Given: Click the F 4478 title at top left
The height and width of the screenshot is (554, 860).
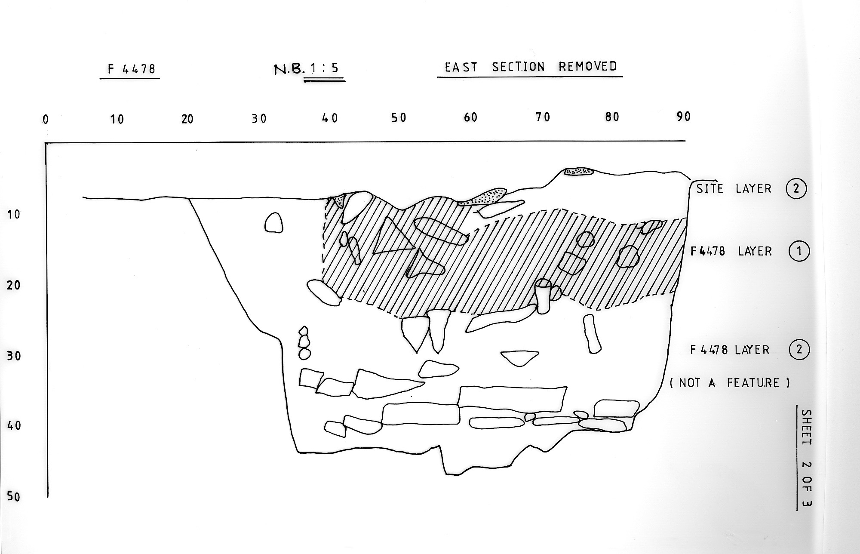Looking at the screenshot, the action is [x=131, y=69].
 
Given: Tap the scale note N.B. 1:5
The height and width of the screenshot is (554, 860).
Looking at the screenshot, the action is [x=307, y=69].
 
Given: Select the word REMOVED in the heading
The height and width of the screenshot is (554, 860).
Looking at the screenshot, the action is [x=588, y=66].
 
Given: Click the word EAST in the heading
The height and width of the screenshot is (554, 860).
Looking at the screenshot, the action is [x=461, y=68].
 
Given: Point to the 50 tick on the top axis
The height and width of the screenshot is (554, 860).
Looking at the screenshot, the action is [x=399, y=117].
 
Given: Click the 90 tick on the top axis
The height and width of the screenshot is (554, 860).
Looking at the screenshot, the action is [x=683, y=116].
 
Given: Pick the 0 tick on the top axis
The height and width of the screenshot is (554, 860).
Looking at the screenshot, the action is [x=45, y=120].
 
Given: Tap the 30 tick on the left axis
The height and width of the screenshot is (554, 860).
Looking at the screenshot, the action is [x=14, y=356].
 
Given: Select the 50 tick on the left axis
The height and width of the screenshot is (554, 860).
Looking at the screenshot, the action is [x=14, y=497].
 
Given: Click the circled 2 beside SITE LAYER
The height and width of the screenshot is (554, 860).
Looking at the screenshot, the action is [x=795, y=188].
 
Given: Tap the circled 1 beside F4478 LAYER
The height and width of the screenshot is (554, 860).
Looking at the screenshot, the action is [x=799, y=251].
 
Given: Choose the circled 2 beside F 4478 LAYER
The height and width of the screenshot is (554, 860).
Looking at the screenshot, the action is [x=799, y=349].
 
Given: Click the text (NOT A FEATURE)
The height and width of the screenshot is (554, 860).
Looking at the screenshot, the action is [x=730, y=383].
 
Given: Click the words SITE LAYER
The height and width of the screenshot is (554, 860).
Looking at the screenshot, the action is [x=734, y=188].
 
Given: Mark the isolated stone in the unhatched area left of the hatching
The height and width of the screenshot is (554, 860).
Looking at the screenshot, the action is [x=273, y=223].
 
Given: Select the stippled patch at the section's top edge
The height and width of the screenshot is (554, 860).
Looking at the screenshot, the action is [x=579, y=172].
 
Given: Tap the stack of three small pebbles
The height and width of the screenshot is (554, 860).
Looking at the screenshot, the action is [x=304, y=342].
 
